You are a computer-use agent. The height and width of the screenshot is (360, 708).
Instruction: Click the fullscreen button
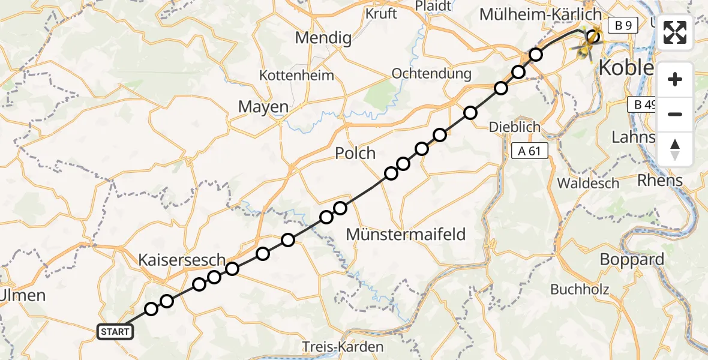point(675,32)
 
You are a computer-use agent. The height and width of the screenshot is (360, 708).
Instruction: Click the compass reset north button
point(675,149)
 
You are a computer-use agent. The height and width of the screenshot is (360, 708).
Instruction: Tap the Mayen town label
point(263,107)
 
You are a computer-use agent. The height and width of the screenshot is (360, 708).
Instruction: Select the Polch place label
point(355,153)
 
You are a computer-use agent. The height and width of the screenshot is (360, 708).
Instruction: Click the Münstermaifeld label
point(406,234)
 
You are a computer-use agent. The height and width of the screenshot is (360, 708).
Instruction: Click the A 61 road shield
point(530,151)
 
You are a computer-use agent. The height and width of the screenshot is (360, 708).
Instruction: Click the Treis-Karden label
point(343,347)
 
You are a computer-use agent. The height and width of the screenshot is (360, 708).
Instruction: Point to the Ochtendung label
point(431,73)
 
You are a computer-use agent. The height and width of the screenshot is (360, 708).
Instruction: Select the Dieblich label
point(514,127)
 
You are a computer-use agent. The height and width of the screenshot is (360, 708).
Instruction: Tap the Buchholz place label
point(580,289)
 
